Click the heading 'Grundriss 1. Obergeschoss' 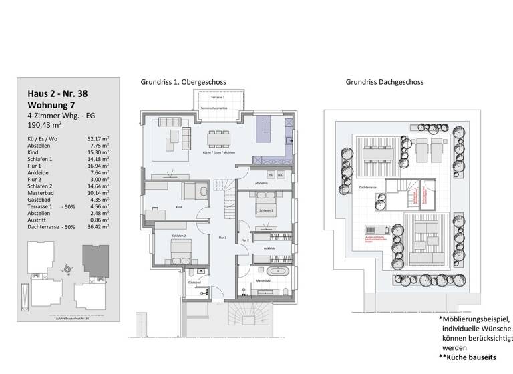click(183, 83)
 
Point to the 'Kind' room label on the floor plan click(179, 208)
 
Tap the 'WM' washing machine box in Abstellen click(281, 176)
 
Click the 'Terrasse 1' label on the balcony click(210, 98)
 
